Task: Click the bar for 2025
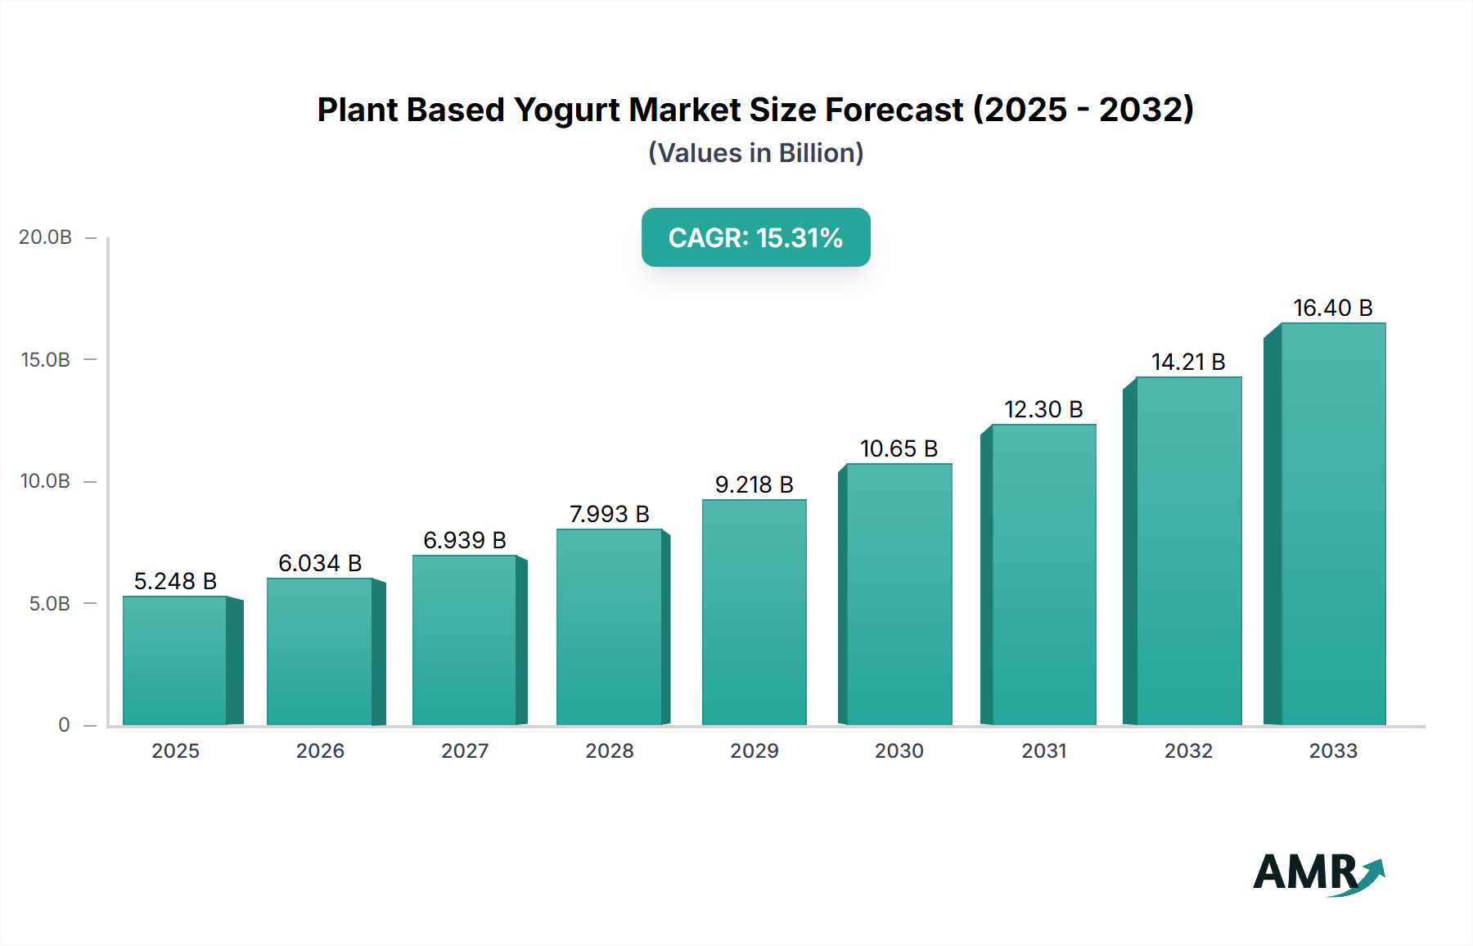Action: coord(175,660)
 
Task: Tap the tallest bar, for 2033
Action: coord(1333,524)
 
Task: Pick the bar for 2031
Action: coord(1043,574)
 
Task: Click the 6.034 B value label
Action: coord(320,563)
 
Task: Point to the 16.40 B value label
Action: coord(1332,308)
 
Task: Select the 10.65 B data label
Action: coord(899,448)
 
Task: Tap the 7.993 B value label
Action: coord(610,514)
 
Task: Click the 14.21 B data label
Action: coord(1188,362)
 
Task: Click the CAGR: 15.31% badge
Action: coord(755,237)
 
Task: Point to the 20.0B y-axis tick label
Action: coord(46,237)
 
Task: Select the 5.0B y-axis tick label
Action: coord(50,604)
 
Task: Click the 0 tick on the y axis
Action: coord(64,725)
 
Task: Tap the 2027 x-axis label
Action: coord(465,750)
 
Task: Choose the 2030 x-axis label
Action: coord(899,750)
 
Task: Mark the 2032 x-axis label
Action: coord(1188,750)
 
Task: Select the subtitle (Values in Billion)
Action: coord(755,153)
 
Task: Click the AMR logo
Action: coord(1318,873)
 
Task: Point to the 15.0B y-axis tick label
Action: coord(46,360)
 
